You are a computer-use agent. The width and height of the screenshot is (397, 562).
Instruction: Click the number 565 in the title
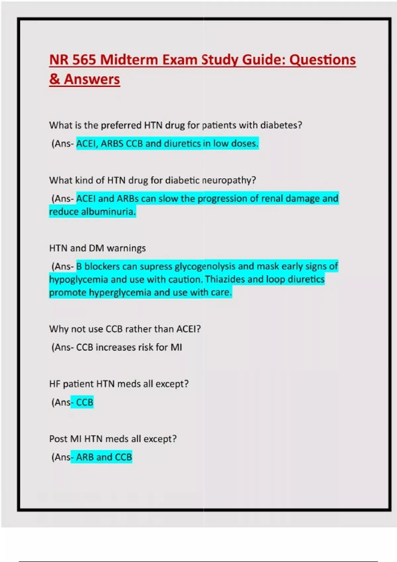coord(84,60)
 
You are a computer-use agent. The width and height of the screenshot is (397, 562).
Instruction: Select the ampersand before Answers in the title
coord(54,79)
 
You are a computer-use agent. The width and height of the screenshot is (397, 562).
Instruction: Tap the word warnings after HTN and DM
coord(126,248)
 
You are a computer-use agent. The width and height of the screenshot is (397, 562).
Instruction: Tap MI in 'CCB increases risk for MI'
coord(176,347)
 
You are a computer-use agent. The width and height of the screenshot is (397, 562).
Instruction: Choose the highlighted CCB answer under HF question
coord(85,402)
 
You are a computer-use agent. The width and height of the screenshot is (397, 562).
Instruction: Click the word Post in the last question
coord(58,439)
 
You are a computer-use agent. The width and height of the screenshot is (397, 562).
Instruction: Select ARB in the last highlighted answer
coord(85,457)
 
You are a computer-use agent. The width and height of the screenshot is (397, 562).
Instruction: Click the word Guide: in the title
coord(263,60)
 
